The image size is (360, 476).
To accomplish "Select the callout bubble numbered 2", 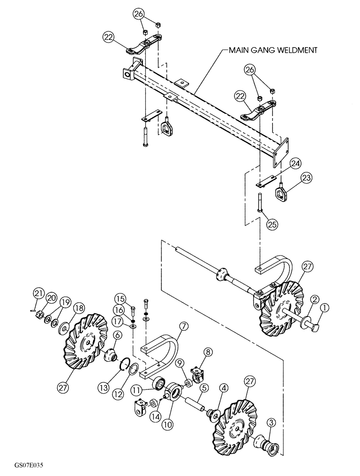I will pyautogui.click(x=315, y=299).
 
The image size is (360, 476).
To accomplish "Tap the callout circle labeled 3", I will pyautogui.click(x=270, y=421).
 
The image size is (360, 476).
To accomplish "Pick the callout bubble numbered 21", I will pyautogui.click(x=38, y=292).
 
